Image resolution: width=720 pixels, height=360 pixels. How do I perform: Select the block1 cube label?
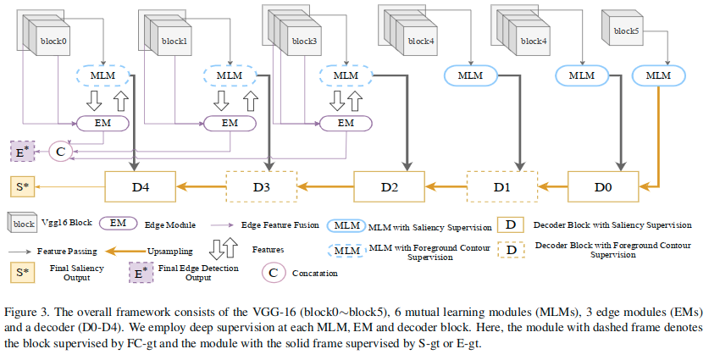(x=174, y=40)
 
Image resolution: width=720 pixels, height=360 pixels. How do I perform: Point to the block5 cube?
(x=624, y=31)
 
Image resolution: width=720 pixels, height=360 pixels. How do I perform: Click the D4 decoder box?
(x=139, y=184)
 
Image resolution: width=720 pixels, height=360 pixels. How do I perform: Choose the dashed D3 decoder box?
(x=263, y=184)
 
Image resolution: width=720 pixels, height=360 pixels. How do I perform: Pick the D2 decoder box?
(x=389, y=184)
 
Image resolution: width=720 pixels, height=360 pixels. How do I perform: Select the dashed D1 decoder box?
(x=503, y=184)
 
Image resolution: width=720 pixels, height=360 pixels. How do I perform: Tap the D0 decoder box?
(x=603, y=184)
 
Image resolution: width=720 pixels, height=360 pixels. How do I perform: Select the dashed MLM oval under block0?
(x=102, y=75)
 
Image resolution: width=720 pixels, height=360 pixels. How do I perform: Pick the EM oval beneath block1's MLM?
(x=230, y=123)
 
